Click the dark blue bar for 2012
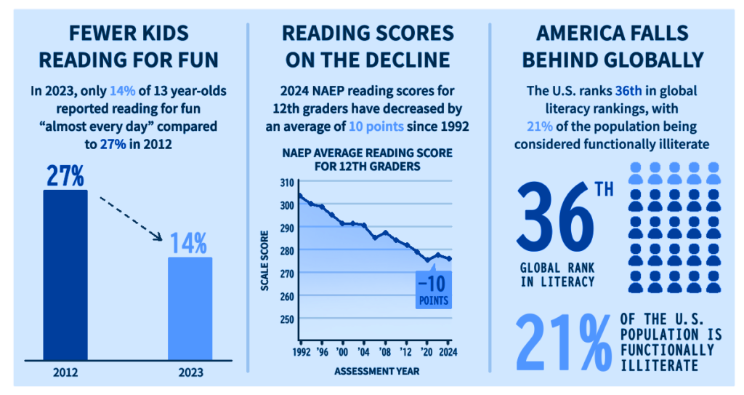[65, 275]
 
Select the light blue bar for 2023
[190, 309]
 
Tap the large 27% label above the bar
[65, 176]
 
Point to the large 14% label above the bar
[188, 244]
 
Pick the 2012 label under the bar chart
[65, 372]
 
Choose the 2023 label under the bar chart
[191, 372]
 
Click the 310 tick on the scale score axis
[287, 183]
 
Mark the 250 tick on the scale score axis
[287, 319]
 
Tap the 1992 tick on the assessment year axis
[302, 352]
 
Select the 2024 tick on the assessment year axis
[448, 352]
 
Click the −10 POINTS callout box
[434, 290]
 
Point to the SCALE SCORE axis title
[264, 261]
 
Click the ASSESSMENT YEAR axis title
[377, 371]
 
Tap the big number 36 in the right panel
[555, 217]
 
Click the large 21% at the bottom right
[564, 342]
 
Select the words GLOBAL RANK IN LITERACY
[557, 275]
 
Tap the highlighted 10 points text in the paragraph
[376, 127]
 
